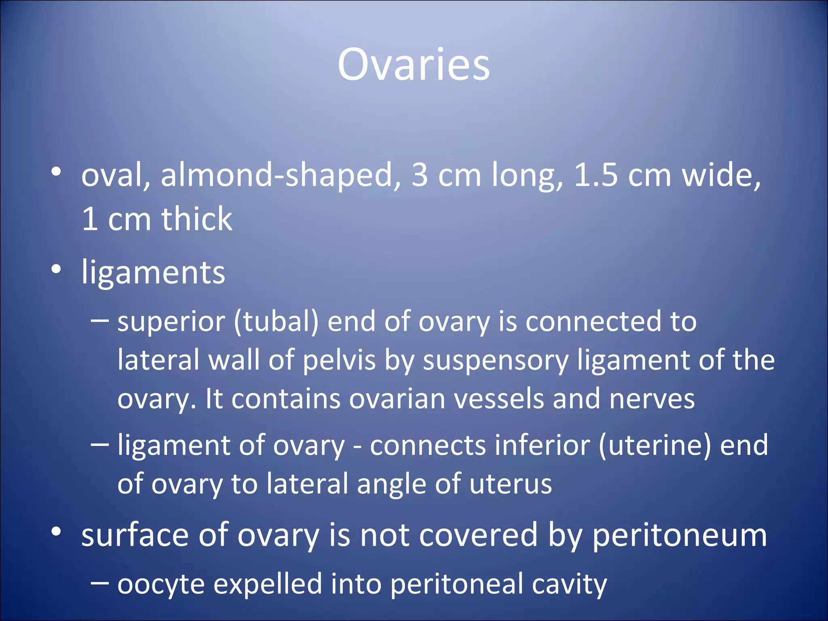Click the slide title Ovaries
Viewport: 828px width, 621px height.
click(414, 65)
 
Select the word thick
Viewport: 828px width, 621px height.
click(197, 219)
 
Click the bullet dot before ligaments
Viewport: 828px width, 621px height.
click(56, 269)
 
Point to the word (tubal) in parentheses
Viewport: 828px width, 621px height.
click(276, 322)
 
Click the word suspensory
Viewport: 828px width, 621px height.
click(495, 361)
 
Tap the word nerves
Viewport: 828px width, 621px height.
click(652, 399)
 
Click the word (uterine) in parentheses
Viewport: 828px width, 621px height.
click(655, 446)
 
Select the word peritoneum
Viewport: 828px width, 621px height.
click(680, 535)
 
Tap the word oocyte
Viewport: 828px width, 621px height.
click(161, 585)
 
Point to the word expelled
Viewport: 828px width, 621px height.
click(267, 585)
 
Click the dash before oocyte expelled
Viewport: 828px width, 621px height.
click(99, 583)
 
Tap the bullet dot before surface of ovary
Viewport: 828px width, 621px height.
click(56, 532)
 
